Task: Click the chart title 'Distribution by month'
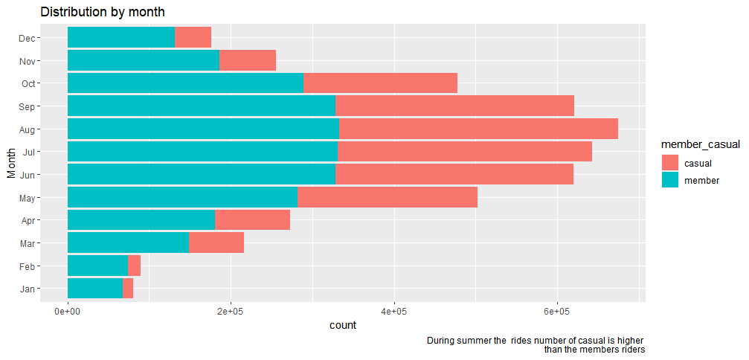pyautogui.click(x=103, y=12)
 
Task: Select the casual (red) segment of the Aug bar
pyautogui.click(x=478, y=129)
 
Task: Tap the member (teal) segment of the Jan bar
pyautogui.click(x=95, y=289)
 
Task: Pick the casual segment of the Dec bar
pyautogui.click(x=193, y=38)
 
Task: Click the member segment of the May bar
pyautogui.click(x=182, y=197)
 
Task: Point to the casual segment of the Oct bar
pyautogui.click(x=380, y=83)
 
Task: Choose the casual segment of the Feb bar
pyautogui.click(x=134, y=266)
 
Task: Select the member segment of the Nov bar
pyautogui.click(x=144, y=60)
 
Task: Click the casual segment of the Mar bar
pyautogui.click(x=216, y=243)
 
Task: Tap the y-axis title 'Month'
pyautogui.click(x=11, y=163)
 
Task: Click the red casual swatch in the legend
pyautogui.click(x=669, y=163)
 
